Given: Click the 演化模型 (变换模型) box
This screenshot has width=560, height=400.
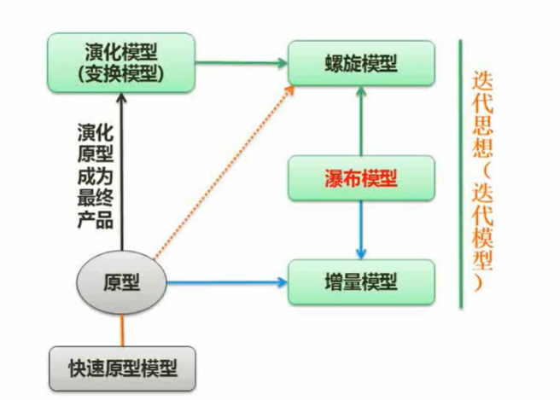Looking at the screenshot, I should [x=124, y=62].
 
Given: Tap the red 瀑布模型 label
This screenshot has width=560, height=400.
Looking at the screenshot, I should [x=362, y=178].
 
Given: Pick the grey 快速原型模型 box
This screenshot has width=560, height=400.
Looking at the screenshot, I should [x=122, y=368].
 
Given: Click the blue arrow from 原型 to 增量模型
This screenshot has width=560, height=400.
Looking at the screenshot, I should [x=226, y=281].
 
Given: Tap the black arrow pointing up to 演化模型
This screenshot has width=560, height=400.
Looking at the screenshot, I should [x=121, y=171].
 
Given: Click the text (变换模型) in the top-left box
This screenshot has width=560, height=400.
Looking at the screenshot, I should [x=124, y=73].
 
